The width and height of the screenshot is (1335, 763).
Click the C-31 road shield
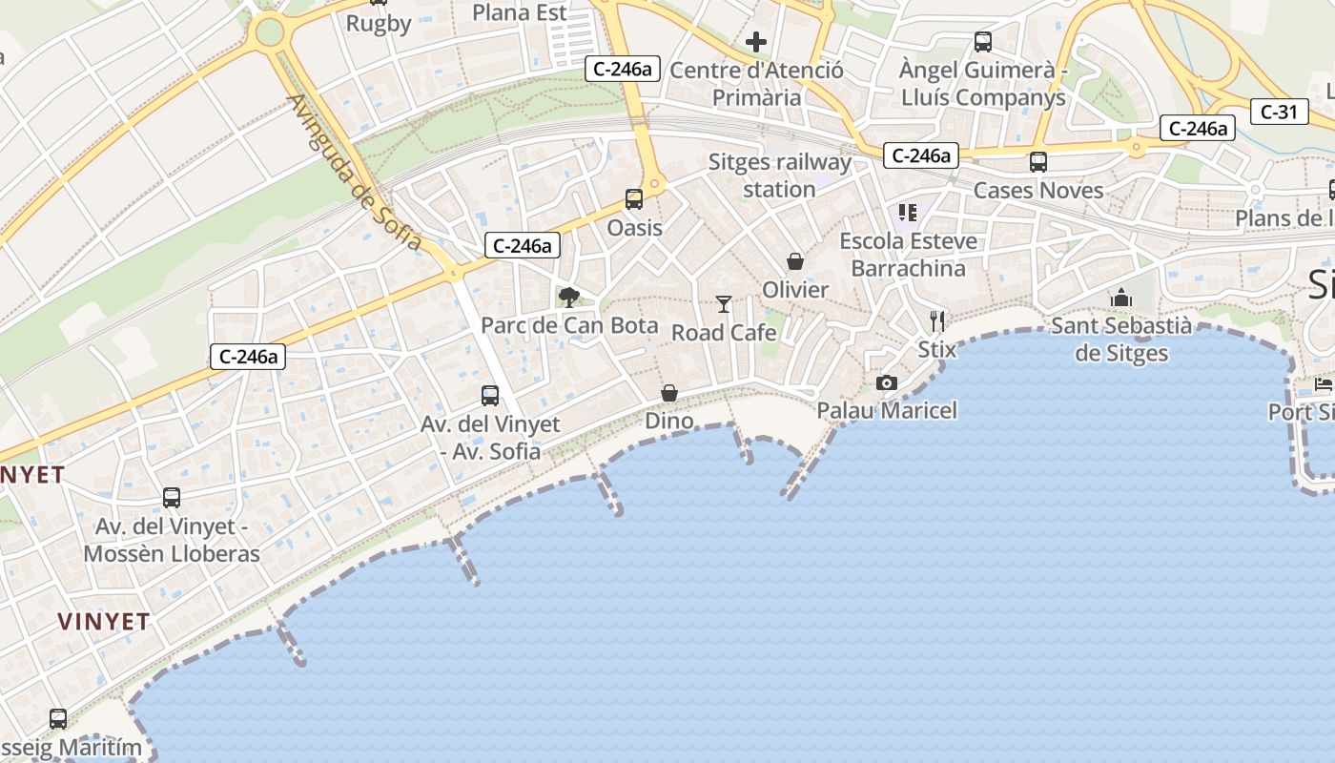(x=1278, y=112)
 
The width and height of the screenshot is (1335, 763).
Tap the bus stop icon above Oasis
(x=634, y=199)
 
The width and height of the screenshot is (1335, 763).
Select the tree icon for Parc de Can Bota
(x=569, y=297)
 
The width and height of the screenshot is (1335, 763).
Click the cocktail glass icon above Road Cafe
(x=724, y=304)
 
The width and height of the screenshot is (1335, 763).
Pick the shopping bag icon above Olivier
(x=795, y=261)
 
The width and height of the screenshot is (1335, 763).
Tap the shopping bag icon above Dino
(x=669, y=393)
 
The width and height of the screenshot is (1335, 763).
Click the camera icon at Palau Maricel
(x=887, y=382)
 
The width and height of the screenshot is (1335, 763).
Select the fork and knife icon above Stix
(x=937, y=321)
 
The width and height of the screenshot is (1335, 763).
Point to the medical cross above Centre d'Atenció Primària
(x=756, y=42)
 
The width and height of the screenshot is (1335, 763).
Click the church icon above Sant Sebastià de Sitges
(x=1120, y=298)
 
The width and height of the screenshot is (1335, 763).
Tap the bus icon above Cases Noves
(x=1038, y=162)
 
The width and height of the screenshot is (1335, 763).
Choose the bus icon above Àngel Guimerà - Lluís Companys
(x=983, y=42)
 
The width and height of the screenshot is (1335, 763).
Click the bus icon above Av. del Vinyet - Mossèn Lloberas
(x=172, y=498)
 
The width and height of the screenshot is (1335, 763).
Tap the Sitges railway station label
(x=779, y=175)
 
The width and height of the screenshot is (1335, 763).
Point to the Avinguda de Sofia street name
(x=354, y=173)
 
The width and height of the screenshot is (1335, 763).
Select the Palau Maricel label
(x=887, y=410)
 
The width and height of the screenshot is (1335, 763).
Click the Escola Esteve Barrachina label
(x=908, y=255)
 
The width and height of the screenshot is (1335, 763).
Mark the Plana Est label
(x=520, y=12)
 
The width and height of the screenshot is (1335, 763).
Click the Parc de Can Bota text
(x=569, y=325)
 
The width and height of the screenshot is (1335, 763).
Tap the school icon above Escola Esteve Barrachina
(x=907, y=212)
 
